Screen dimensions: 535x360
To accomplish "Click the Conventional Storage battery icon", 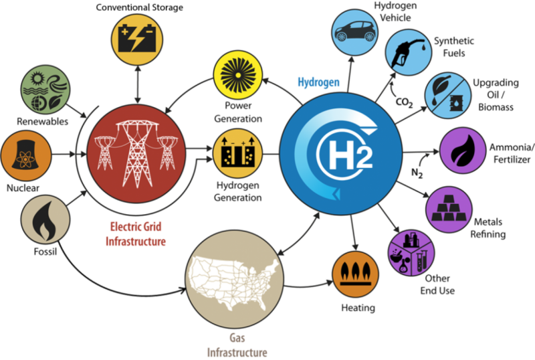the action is (x=137, y=39).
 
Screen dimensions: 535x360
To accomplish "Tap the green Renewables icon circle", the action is (x=45, y=90).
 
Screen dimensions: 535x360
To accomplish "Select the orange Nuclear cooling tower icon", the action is (x=26, y=155).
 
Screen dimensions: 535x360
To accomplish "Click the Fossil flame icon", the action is (x=45, y=219).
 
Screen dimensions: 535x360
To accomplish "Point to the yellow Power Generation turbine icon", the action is (x=238, y=75).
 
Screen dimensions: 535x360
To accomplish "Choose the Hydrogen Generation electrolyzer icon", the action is (x=238, y=154).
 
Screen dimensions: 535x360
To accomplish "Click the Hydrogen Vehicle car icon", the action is (x=355, y=32).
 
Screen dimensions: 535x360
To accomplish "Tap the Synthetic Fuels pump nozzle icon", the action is (x=409, y=53).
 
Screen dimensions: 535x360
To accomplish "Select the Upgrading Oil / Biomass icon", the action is (x=447, y=95).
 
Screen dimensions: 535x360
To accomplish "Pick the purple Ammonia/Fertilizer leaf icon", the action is (x=463, y=151).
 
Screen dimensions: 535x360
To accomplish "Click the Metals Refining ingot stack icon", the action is (x=449, y=209).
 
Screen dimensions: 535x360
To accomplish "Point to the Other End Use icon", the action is (x=411, y=253).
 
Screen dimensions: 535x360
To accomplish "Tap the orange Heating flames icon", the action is (x=356, y=274).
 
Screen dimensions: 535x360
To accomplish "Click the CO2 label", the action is (x=405, y=102).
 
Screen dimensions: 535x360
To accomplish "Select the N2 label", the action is (x=417, y=173).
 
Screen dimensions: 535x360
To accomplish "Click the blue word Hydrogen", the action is (x=319, y=82).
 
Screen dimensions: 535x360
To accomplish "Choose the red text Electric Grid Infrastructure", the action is (x=136, y=234).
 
